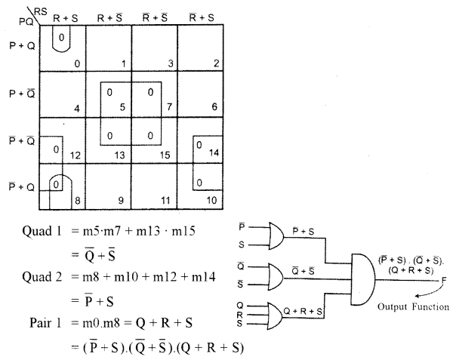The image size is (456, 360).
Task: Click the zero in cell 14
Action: [x=199, y=144]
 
